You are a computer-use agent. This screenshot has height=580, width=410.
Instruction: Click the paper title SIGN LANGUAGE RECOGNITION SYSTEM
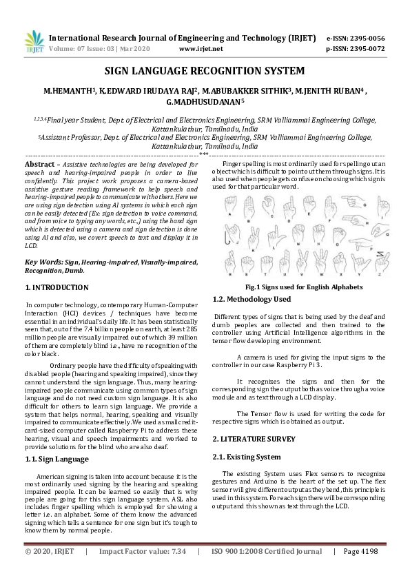[205, 71]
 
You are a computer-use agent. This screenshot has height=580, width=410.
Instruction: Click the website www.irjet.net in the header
[201, 49]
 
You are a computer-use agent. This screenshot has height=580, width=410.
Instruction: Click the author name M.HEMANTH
[68, 90]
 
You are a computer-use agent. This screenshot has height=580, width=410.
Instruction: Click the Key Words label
[43, 262]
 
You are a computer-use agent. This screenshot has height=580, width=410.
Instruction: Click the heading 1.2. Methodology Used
[252, 300]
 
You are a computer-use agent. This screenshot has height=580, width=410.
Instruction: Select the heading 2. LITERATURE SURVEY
[254, 439]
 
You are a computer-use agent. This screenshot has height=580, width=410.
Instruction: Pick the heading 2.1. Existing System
[246, 457]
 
